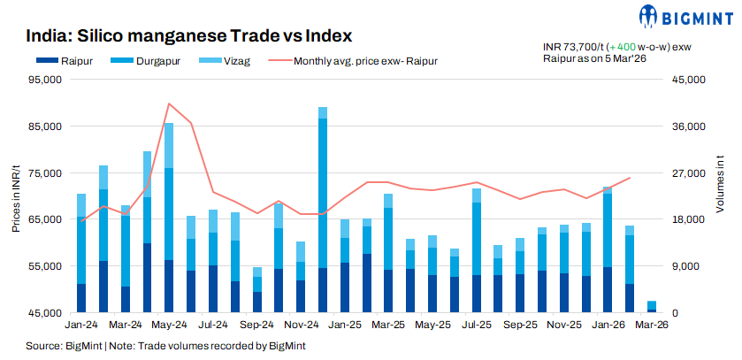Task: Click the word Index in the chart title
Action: [323, 36]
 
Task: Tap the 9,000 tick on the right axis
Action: [685, 266]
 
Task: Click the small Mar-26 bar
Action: [652, 307]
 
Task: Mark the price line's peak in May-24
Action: [169, 103]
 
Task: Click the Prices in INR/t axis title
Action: [16, 196]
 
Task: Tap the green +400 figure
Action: [625, 46]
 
